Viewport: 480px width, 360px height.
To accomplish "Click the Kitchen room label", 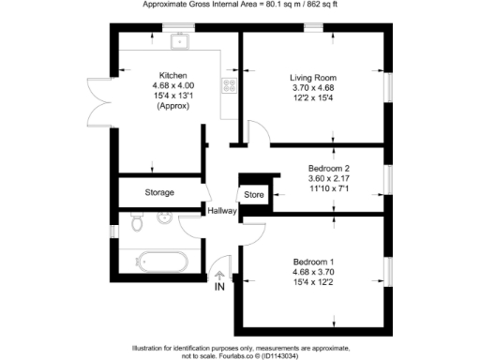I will point(173,75).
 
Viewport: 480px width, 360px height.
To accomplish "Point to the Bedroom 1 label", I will point(312,260).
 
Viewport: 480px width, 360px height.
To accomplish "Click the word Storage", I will point(159,192).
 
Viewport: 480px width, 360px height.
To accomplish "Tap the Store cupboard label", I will point(254,195).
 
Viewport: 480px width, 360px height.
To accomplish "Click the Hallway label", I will point(223,211).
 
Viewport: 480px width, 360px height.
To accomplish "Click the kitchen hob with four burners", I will point(227,85).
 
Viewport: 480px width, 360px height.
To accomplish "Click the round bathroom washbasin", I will point(164,219).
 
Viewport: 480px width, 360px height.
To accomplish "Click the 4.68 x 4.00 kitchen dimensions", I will point(173,85).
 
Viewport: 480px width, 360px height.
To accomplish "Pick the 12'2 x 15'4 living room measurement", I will point(312,97).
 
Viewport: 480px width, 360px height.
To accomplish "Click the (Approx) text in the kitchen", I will point(173,106).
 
